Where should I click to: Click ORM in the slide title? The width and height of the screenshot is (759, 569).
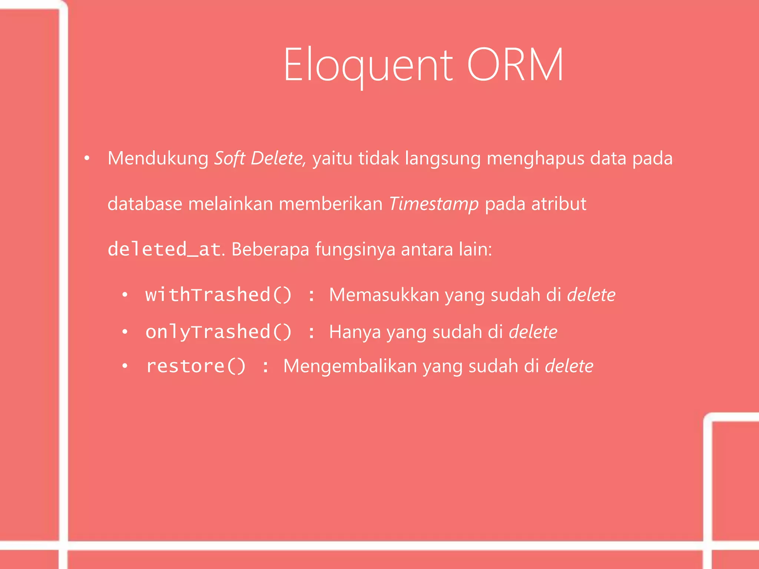[515, 65]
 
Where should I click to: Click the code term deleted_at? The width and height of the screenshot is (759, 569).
[165, 249]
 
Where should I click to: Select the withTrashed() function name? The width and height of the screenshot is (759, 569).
[218, 295]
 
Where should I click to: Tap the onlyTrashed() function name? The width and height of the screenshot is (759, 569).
[218, 332]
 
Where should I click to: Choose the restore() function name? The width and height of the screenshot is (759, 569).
[196, 366]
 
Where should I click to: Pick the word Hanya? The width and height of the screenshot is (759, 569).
[355, 332]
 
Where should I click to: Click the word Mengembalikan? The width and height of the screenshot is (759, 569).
[350, 366]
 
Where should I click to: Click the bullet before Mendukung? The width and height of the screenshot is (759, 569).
[87, 159]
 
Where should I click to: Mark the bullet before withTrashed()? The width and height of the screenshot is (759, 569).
[125, 295]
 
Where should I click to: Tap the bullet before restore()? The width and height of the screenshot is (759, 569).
[125, 366]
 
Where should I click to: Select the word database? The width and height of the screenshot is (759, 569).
[145, 204]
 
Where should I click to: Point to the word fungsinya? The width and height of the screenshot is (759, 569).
[355, 249]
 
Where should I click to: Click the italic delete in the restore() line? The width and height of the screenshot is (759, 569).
[569, 366]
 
